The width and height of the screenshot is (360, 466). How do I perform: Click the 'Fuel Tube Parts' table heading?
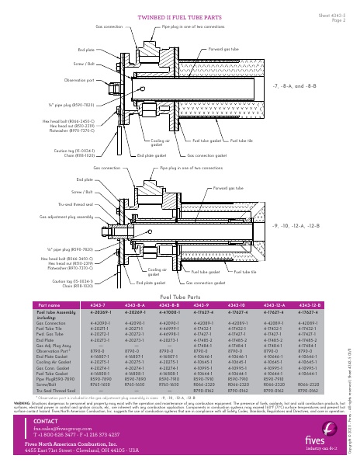(x=179, y=297)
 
